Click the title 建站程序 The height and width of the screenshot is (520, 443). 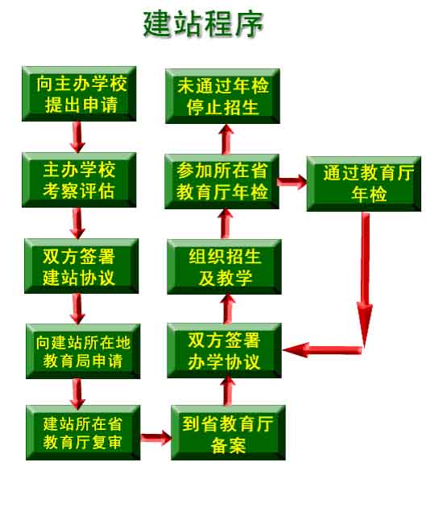click(203, 23)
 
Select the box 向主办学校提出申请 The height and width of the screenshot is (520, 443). click(79, 94)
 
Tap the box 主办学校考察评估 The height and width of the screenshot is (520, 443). click(79, 180)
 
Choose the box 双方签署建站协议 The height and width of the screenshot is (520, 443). click(81, 266)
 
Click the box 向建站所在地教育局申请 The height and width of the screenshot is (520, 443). click(83, 351)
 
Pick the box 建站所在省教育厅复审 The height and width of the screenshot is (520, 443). click(83, 432)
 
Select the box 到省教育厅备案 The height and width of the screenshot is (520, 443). click(228, 432)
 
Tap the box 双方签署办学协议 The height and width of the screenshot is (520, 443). click(225, 350)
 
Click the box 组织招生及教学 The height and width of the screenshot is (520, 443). click(225, 266)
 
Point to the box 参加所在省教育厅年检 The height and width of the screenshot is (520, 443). click(222, 181)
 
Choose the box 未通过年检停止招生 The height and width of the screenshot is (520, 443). click(222, 96)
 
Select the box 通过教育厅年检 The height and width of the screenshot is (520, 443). click(364, 184)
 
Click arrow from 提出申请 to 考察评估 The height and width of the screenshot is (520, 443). click(77, 137)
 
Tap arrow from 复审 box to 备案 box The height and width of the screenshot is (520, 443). click(156, 438)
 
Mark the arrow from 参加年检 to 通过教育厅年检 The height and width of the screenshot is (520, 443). click(292, 182)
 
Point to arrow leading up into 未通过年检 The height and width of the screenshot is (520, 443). click(226, 139)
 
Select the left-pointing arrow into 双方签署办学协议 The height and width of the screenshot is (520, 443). click(322, 350)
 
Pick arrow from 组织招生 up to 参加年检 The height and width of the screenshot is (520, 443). click(226, 224)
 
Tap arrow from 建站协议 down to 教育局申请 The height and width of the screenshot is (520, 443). click(77, 309)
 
